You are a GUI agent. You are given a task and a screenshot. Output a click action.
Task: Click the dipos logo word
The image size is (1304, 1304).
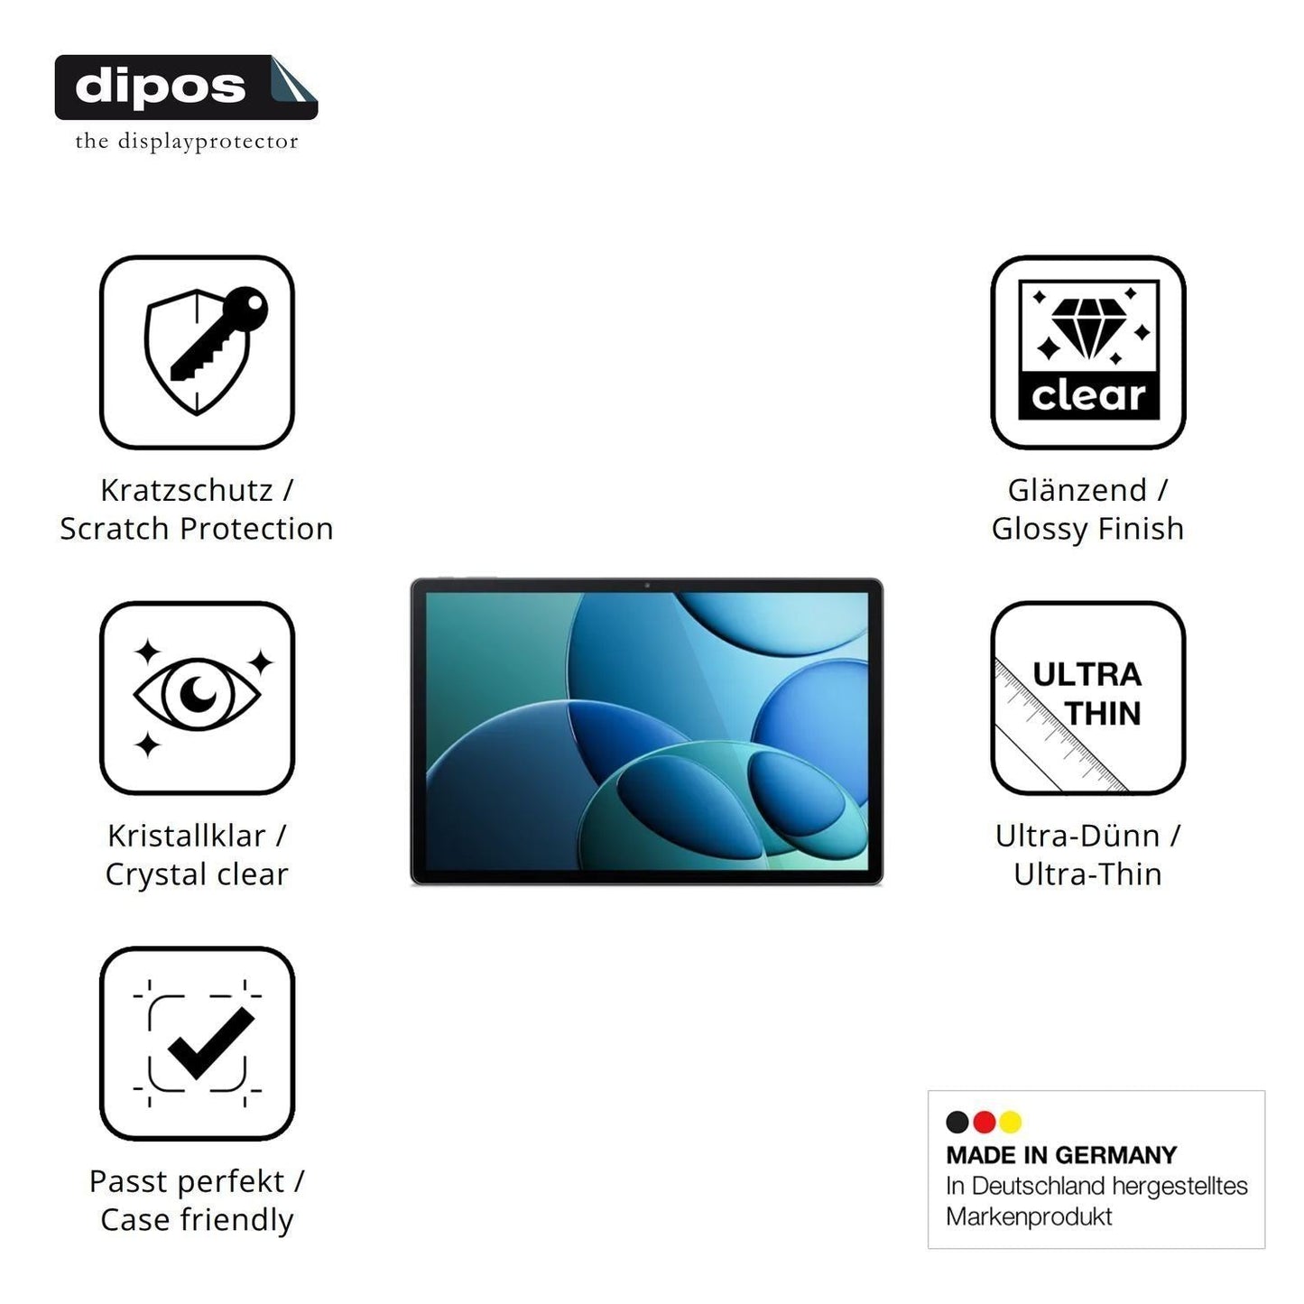click(161, 88)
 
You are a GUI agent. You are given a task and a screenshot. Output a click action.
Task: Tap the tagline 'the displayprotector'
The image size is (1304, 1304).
click(187, 142)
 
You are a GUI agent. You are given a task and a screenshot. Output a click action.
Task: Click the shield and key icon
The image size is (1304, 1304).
click(206, 350)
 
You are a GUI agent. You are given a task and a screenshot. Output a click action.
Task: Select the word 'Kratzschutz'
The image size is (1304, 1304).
click(186, 490)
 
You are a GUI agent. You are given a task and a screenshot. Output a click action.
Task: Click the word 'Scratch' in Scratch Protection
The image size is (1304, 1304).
click(114, 529)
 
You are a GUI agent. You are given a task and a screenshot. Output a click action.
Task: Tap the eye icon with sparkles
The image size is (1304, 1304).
click(197, 697)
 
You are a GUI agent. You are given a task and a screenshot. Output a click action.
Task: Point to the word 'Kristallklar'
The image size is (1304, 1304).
click(186, 836)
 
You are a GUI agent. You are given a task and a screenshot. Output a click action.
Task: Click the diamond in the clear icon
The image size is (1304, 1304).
click(1088, 328)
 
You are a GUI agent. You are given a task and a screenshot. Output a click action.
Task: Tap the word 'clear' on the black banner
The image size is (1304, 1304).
click(1088, 395)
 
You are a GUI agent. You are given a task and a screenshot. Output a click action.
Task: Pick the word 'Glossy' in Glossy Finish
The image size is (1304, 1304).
click(1040, 530)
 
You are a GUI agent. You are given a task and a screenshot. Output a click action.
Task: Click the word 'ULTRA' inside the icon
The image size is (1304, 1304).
click(1087, 675)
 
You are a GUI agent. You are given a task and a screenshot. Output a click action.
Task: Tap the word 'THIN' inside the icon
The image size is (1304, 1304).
click(1103, 713)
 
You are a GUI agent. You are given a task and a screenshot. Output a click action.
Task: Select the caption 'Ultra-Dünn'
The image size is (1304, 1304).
click(1077, 836)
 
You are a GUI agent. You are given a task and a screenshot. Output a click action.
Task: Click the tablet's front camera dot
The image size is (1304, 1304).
click(647, 586)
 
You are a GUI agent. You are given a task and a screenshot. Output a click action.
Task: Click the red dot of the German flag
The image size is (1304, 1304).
click(984, 1122)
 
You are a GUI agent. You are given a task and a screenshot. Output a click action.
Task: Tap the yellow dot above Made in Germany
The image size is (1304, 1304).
click(1010, 1122)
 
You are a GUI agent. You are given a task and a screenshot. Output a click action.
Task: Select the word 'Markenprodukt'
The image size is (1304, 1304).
click(1029, 1216)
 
